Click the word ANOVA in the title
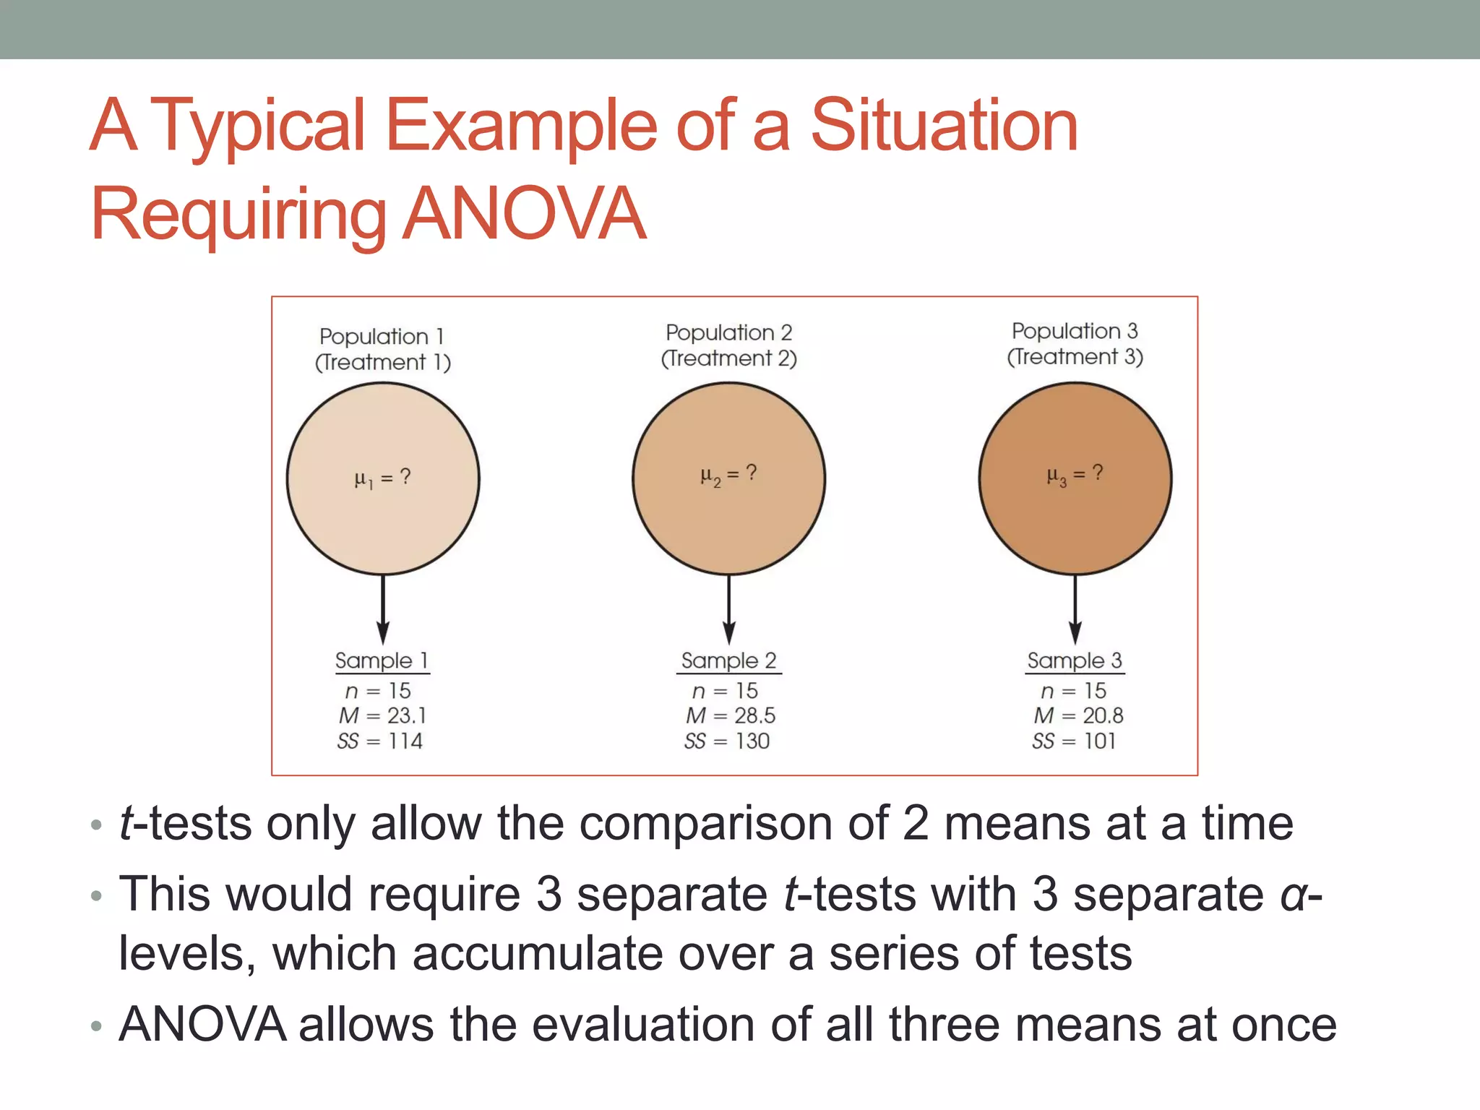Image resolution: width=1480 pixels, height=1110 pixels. click(523, 214)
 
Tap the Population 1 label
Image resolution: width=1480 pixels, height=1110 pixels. click(382, 336)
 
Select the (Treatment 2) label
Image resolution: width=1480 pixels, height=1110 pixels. click(728, 358)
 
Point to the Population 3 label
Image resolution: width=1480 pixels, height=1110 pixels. click(1074, 331)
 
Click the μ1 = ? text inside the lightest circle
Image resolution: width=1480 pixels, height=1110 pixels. click(382, 478)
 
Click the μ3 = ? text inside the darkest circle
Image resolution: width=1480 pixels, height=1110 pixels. click(1075, 474)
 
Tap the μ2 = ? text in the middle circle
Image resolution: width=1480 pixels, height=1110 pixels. click(728, 474)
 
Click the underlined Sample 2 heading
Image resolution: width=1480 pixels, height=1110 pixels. click(728, 661)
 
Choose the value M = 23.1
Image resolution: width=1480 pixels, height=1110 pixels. click(382, 715)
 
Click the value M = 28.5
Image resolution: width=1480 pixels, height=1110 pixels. click(730, 715)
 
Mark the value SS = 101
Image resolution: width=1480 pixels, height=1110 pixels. click(1074, 741)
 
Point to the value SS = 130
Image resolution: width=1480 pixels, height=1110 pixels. click(727, 741)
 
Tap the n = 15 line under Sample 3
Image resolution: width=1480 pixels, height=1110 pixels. click(1074, 691)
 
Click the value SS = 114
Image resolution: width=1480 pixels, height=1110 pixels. click(380, 741)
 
